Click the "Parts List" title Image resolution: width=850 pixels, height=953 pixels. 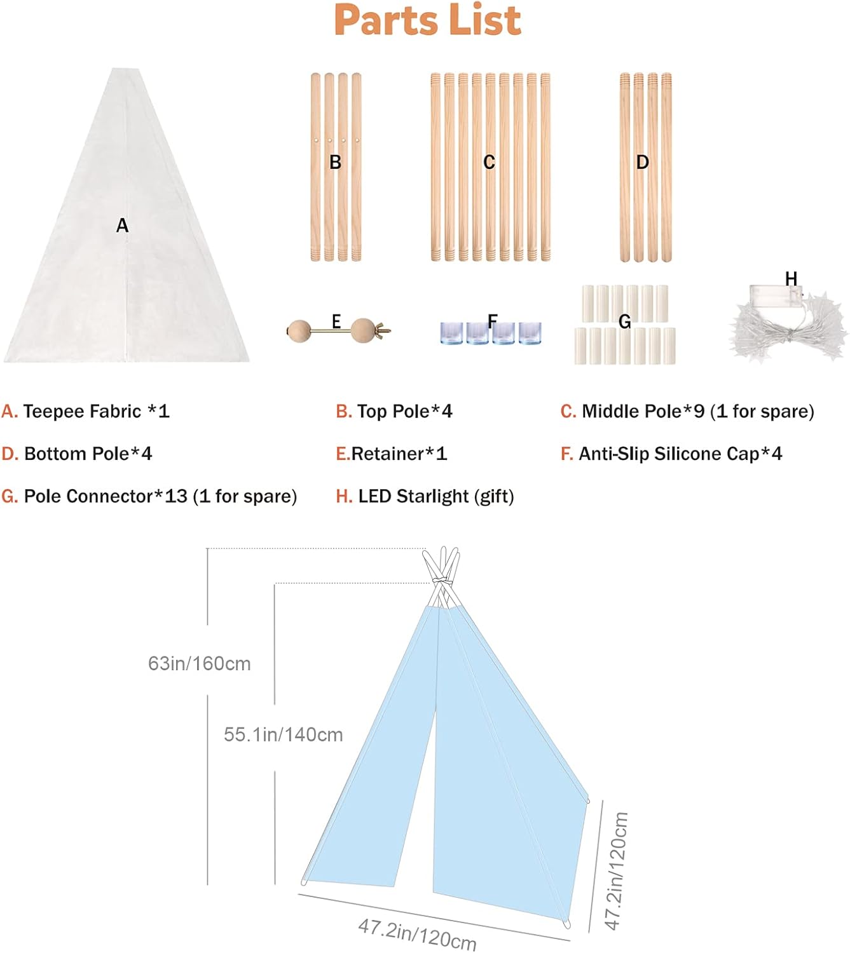[x=427, y=20]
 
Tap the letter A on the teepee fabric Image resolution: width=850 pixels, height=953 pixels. [x=123, y=226]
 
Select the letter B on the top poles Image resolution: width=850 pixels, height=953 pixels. [x=336, y=163]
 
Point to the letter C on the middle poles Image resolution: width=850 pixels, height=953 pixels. [x=489, y=163]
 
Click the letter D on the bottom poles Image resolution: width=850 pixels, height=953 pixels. [x=643, y=163]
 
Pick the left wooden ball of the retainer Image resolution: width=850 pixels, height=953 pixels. [x=299, y=330]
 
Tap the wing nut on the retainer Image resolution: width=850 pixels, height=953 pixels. [x=383, y=330]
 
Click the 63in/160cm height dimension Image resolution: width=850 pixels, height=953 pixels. [x=199, y=664]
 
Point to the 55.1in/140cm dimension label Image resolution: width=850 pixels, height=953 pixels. [x=283, y=735]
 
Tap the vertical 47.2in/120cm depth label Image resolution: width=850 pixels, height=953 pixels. [x=616, y=870]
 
